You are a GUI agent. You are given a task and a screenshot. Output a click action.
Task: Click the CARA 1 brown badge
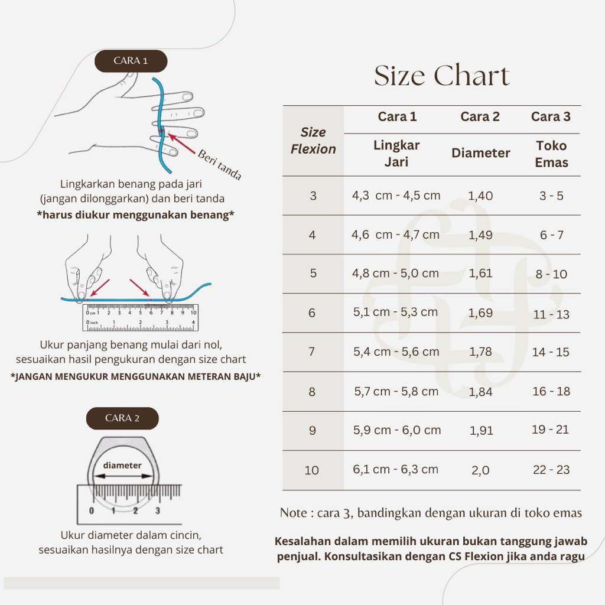coord(131,61)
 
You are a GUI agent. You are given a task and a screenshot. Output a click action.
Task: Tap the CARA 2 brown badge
coord(122,418)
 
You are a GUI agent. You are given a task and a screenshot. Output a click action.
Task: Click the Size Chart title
coord(442,75)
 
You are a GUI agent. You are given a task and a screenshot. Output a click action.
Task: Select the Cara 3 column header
coord(551,116)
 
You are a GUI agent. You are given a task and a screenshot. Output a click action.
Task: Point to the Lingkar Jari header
coord(396,153)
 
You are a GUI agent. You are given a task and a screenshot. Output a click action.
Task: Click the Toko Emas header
coord(551,154)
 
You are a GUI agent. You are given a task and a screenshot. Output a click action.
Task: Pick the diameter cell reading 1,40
coord(480,196)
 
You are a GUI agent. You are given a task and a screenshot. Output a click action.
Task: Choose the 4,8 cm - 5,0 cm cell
coord(395,273)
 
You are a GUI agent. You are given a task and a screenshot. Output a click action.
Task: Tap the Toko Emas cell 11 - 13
coord(551,314)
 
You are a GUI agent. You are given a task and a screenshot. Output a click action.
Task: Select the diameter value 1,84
coord(480,392)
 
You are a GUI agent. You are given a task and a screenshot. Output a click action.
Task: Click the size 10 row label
coord(312,470)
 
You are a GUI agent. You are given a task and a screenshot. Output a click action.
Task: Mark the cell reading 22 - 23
coord(551,470)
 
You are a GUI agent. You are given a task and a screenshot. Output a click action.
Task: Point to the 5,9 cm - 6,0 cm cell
coord(397,430)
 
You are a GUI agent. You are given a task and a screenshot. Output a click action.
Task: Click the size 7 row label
coord(312,352)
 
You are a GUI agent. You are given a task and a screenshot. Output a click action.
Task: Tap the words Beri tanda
coord(220,165)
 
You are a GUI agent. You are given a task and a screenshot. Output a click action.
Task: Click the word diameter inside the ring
coord(122,466)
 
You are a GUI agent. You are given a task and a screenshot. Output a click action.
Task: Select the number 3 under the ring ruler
coord(157,510)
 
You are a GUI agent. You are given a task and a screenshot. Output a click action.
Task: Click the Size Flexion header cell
coord(313,141)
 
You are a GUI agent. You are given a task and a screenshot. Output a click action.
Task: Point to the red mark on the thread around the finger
coord(162,132)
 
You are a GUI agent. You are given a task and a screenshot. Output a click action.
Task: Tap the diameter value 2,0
coord(480,470)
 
